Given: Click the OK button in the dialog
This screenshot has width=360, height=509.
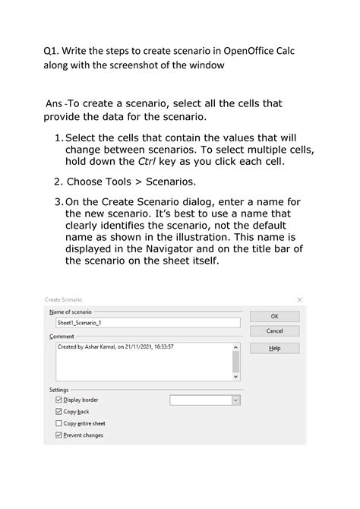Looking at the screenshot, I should (274, 316).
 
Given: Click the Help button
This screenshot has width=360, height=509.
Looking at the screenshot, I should (274, 348).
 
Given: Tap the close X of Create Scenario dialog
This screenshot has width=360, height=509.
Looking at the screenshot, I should (299, 300).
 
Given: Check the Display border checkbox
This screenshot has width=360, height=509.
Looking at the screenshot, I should (59, 400).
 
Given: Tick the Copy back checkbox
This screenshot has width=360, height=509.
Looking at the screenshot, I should (59, 411).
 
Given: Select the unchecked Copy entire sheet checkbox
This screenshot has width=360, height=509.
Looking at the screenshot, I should (59, 423).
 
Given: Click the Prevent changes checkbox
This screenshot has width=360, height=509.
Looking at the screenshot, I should (59, 435).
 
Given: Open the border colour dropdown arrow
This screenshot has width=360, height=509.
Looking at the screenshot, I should (235, 400).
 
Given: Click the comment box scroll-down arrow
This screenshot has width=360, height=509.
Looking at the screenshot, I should (235, 375).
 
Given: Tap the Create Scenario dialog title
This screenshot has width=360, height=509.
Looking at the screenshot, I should (64, 300).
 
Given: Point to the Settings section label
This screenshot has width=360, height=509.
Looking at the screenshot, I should (58, 390).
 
